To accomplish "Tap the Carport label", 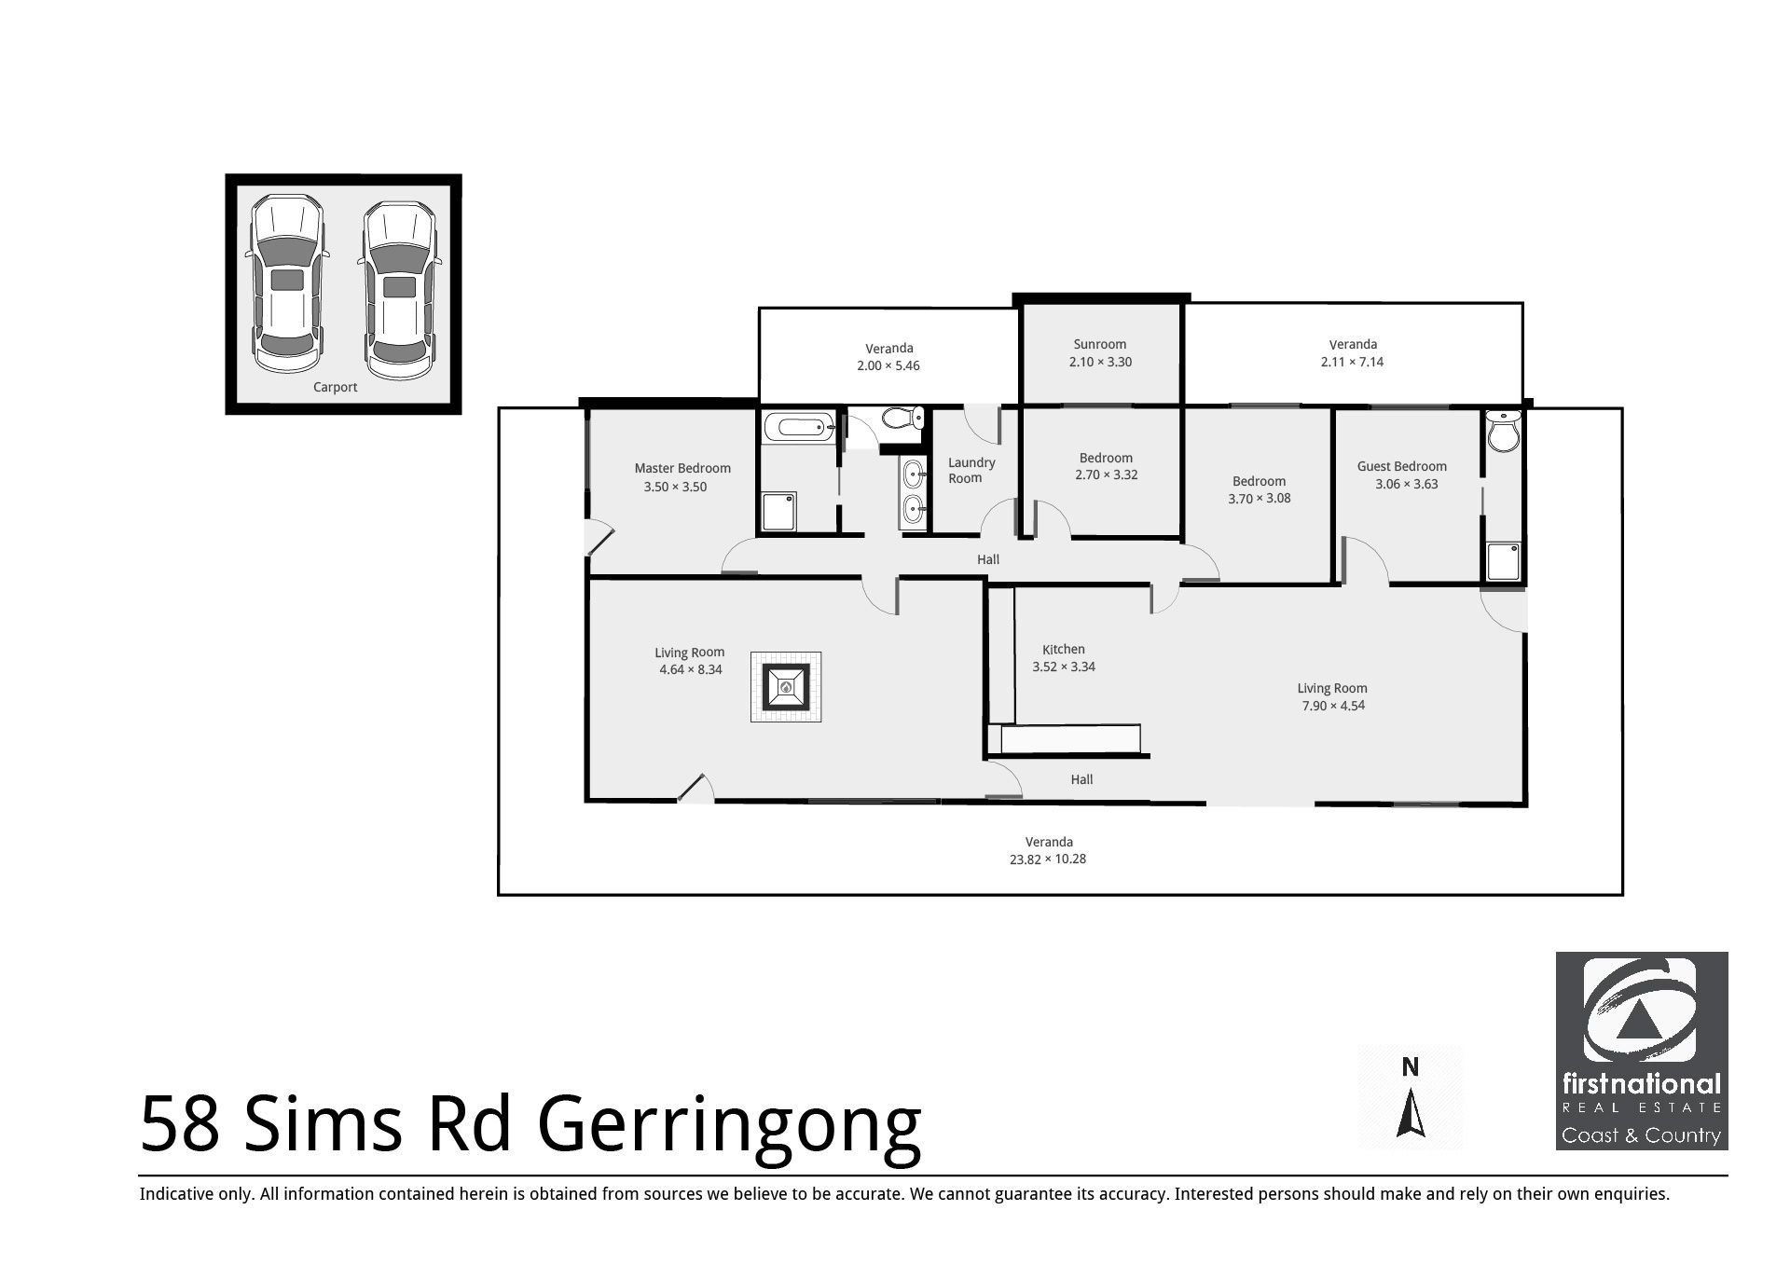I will pyautogui.click(x=335, y=387).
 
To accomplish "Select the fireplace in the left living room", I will pyautogui.click(x=786, y=687).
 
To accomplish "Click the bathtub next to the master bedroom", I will pyautogui.click(x=799, y=429).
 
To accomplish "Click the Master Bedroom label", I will pyautogui.click(x=682, y=468).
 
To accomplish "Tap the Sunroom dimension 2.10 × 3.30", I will pyautogui.click(x=1100, y=362).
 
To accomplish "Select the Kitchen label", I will pyautogui.click(x=1063, y=649).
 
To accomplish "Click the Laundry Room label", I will pyautogui.click(x=971, y=470).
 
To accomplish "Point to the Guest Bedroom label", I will pyautogui.click(x=1401, y=466).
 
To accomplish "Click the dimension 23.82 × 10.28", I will pyautogui.click(x=1048, y=859).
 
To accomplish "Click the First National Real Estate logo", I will pyautogui.click(x=1641, y=1050).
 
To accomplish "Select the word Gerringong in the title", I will pyautogui.click(x=729, y=1124).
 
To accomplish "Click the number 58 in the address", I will pyautogui.click(x=180, y=1124).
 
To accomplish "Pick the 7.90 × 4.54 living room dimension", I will pyautogui.click(x=1333, y=706).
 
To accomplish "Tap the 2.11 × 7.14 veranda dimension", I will pyautogui.click(x=1352, y=362).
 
